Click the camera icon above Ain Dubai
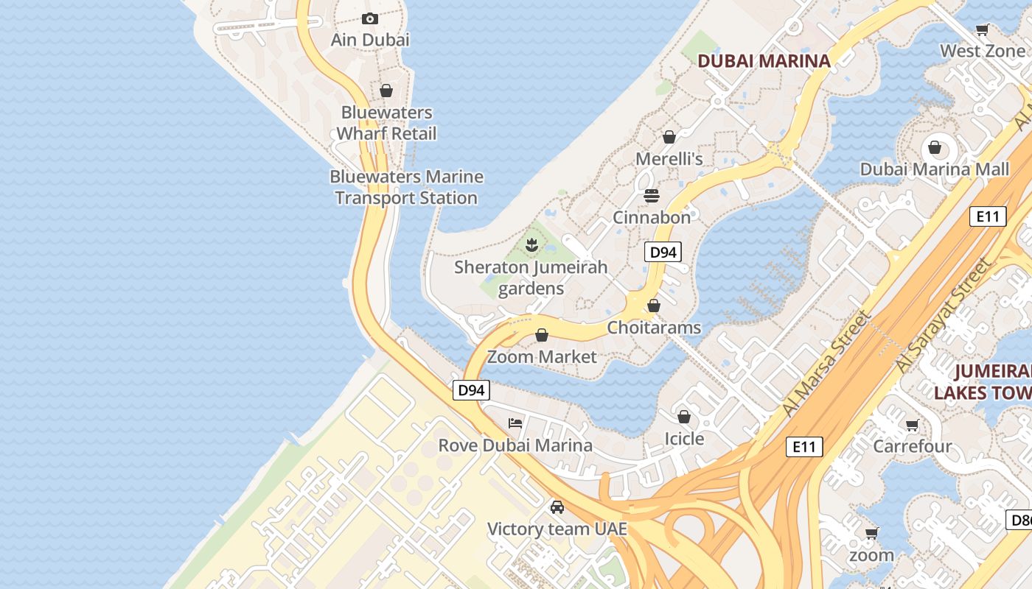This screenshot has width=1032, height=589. point(370,19)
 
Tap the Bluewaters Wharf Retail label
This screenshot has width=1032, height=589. point(386,123)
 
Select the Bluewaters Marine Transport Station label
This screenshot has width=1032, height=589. point(406,187)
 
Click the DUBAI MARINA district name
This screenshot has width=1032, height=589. point(764,61)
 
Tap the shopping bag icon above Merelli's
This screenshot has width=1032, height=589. point(669,137)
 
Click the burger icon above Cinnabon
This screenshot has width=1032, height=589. point(652,196)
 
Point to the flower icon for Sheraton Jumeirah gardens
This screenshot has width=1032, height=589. point(531,244)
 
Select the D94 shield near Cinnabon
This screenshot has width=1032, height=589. point(663,253)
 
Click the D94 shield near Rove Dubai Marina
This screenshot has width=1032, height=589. point(470,390)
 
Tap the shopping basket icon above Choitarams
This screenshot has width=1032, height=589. point(654,305)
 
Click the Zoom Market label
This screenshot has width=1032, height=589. point(542,357)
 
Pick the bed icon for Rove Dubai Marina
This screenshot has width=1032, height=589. point(515,423)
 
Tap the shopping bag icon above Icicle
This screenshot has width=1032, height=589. point(684,417)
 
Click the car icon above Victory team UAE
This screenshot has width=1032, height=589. point(557,507)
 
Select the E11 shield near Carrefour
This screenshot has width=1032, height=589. point(803,446)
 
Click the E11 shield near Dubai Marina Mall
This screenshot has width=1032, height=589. point(987,216)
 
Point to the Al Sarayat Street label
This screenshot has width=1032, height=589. point(943,315)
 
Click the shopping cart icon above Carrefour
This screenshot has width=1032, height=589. point(912,425)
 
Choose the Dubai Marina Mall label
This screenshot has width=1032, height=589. point(934,169)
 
